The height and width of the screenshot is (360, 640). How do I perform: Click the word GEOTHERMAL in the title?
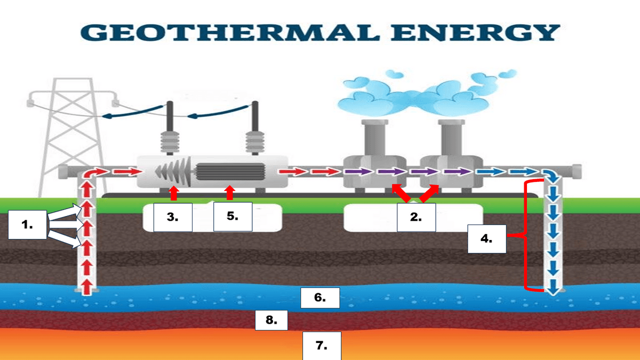230,33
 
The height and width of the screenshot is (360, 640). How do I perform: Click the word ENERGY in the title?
475,33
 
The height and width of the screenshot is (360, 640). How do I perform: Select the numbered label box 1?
27,225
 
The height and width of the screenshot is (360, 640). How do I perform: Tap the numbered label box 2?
417,217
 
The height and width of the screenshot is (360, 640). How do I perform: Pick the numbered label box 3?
173,217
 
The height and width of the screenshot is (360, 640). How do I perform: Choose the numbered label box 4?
487,239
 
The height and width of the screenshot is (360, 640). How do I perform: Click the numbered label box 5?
233,217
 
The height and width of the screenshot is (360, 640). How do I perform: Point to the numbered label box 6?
320,298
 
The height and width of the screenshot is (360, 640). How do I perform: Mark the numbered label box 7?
322,346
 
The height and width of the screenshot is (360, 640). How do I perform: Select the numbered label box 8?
271,321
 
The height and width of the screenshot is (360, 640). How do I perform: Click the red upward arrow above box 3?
174,193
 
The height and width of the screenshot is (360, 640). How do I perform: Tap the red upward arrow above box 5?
230,193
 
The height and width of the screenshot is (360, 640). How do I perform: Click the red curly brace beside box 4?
526,236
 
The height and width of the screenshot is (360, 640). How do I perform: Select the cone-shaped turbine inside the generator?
174,171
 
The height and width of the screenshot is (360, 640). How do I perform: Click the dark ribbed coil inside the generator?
230,171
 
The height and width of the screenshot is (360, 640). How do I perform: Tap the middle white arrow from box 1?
66,225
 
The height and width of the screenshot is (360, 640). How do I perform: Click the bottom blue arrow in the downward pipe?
553,287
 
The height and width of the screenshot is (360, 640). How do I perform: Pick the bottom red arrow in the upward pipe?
87,287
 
